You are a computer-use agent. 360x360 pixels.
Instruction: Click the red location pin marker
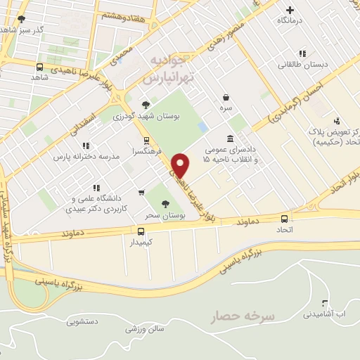tap(181, 166)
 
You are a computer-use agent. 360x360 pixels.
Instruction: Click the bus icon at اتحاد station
tap(284, 219)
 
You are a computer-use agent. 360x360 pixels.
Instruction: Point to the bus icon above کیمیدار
tap(141, 231)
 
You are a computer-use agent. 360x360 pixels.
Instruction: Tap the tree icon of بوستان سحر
tap(166, 204)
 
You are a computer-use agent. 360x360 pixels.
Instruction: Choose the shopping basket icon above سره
tap(225, 98)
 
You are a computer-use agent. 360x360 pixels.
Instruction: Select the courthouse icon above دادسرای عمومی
tap(230, 139)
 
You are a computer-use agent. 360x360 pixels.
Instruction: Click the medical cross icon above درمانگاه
tap(290, 10)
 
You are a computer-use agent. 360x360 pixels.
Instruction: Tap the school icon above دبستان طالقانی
tap(302, 53)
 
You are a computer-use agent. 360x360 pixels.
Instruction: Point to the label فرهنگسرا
tap(146, 151)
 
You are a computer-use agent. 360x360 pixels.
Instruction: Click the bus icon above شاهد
tap(39, 66)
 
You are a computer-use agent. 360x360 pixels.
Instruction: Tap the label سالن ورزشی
tap(145, 328)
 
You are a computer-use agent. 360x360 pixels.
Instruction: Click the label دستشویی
tap(82, 323)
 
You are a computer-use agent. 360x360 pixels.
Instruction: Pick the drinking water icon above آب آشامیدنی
tap(325, 304)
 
